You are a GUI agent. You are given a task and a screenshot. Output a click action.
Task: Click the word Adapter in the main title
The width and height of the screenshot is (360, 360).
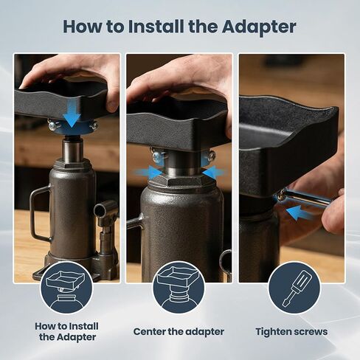tap(259, 27)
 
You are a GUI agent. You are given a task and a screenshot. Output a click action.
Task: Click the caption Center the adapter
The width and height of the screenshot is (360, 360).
tap(179, 331)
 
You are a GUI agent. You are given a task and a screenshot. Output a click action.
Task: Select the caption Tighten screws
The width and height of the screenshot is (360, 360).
tap(291, 332)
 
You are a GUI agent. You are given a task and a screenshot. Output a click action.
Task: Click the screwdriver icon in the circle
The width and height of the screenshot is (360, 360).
tap(294, 288)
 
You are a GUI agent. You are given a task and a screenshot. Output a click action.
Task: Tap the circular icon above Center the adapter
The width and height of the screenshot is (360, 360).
tap(179, 288)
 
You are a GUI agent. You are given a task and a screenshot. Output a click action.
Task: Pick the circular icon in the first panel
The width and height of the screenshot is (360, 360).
tap(66, 288)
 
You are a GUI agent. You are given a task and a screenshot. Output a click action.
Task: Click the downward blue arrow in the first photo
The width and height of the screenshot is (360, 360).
tap(72, 114)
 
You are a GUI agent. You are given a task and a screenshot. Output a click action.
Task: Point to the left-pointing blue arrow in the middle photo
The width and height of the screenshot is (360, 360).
tap(213, 172)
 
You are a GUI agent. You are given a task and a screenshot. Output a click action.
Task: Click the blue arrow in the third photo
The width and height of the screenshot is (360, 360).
tap(299, 213)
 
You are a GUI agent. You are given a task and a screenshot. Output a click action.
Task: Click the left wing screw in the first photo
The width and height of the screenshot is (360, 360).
tap(52, 125)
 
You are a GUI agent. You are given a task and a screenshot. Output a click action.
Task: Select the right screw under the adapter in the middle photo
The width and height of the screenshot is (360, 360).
tap(210, 156)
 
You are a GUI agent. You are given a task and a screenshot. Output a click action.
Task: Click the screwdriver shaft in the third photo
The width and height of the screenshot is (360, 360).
tap(310, 196)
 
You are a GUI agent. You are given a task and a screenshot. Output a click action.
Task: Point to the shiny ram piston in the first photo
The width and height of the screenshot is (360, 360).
tap(72, 150)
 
